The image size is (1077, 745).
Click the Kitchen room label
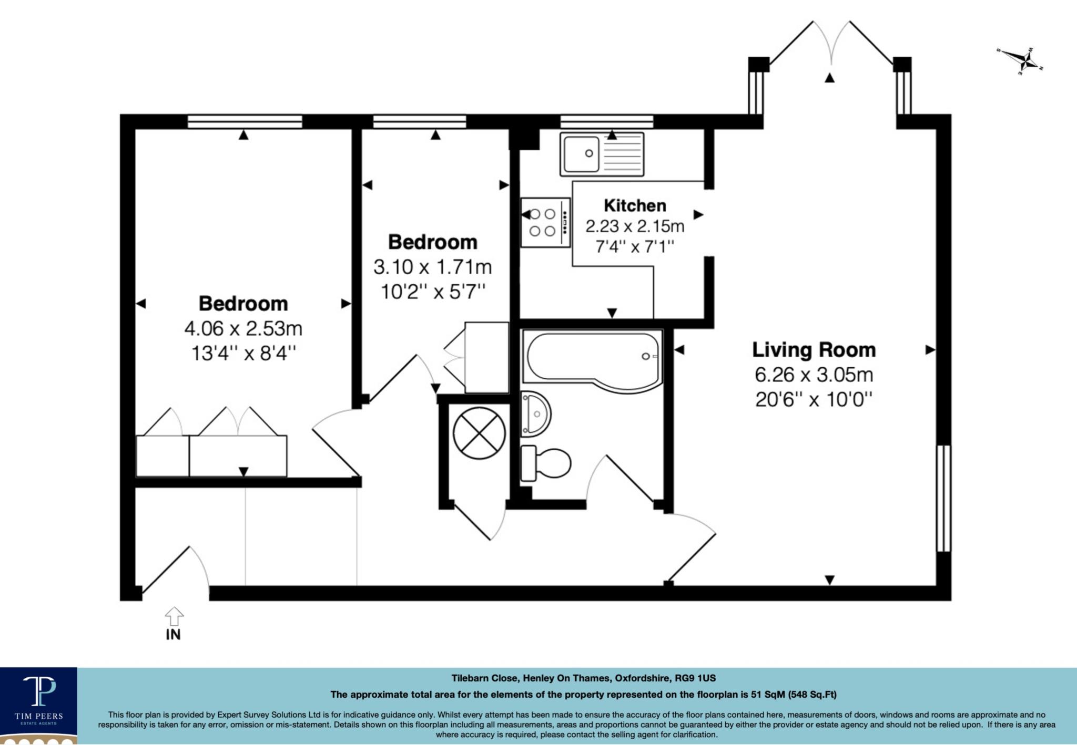(x=635, y=205)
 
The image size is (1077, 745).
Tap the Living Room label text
(x=814, y=350)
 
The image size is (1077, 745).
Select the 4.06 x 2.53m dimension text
(x=243, y=329)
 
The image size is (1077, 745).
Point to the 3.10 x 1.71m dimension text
(x=432, y=267)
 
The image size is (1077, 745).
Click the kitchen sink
(x=601, y=154)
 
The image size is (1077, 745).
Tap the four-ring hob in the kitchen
(x=545, y=222)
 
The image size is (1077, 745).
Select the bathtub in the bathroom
(x=592, y=361)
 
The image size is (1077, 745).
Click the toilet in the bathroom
(x=545, y=463)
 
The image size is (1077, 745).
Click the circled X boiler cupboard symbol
(x=479, y=433)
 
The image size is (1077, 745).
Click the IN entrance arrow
(x=174, y=616)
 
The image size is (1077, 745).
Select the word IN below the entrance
(x=173, y=635)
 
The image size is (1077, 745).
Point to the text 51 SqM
(x=767, y=695)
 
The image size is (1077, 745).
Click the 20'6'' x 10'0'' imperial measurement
(x=814, y=400)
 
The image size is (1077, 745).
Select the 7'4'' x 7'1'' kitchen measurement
(x=635, y=246)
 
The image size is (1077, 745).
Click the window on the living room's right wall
(x=943, y=498)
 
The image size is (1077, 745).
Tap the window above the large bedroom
(x=245, y=121)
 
